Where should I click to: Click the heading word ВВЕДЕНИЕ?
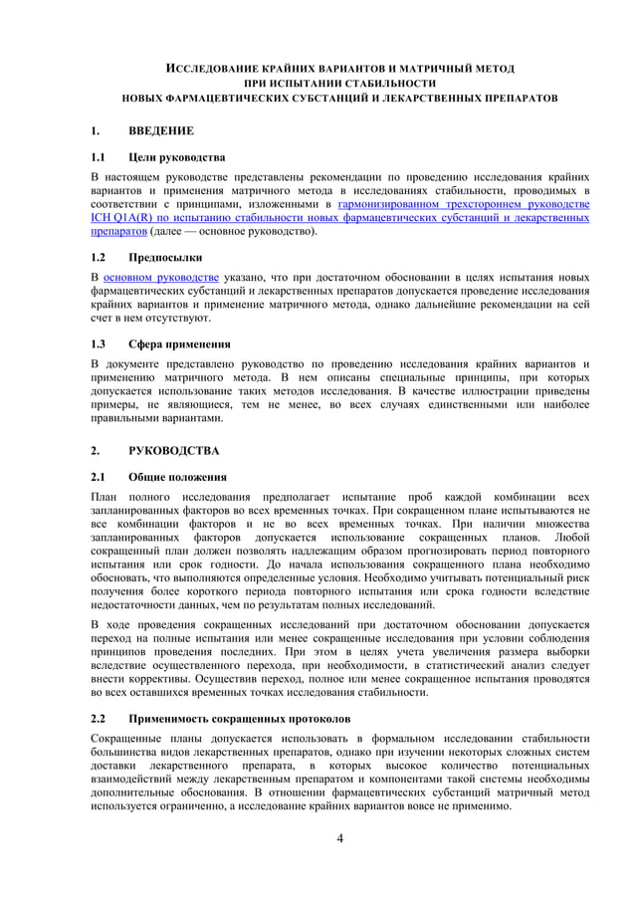click(161, 130)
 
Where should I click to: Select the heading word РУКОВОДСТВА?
click(174, 450)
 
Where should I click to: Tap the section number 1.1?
click(99, 157)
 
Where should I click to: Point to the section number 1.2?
click(99, 256)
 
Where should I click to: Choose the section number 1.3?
click(99, 344)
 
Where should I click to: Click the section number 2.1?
click(99, 477)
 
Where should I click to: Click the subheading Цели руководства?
click(177, 157)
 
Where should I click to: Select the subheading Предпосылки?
click(165, 256)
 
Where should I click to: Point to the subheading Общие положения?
click(177, 477)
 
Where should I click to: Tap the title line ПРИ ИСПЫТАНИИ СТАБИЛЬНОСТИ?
click(339, 84)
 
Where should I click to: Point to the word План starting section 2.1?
click(105, 496)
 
